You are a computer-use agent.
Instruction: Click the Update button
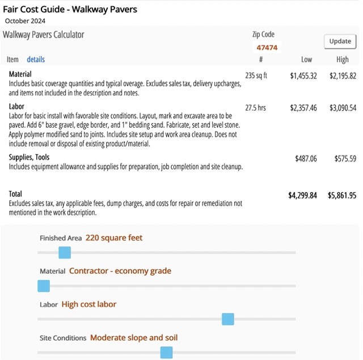point(340,41)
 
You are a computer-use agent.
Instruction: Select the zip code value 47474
point(267,48)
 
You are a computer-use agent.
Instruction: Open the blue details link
point(36,60)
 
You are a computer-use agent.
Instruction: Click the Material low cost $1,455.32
point(303,75)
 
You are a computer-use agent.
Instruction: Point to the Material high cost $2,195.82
point(343,75)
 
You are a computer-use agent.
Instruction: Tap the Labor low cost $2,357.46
point(303,108)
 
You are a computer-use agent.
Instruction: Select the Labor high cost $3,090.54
point(343,108)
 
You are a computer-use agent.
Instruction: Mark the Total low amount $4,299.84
point(303,196)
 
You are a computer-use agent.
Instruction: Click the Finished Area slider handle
point(65,252)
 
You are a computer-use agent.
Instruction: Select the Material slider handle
point(44,286)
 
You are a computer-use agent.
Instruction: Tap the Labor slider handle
point(228,319)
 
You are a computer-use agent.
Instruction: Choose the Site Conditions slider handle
point(166,353)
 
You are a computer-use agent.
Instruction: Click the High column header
point(343,60)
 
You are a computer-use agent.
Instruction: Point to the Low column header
point(306,60)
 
